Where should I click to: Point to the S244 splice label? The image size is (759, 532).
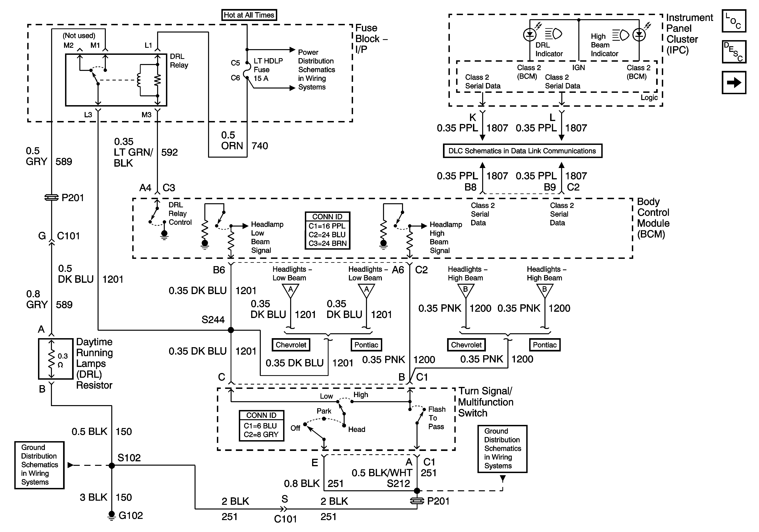pyautogui.click(x=213, y=320)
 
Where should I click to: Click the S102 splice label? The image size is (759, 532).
pyautogui.click(x=129, y=458)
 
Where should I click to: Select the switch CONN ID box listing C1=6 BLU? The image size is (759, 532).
pyautogui.click(x=261, y=426)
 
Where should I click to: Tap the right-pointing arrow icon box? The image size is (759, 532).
pyautogui.click(x=734, y=83)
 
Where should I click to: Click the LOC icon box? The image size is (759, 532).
pyautogui.click(x=734, y=21)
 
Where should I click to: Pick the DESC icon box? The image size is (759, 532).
pyautogui.click(x=734, y=51)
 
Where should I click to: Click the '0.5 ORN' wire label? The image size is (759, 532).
pyautogui.click(x=232, y=140)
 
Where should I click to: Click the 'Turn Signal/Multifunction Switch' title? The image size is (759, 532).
pyautogui.click(x=485, y=402)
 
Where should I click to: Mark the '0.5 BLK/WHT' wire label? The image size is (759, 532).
pyautogui.click(x=382, y=473)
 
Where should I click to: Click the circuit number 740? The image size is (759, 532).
pyautogui.click(x=260, y=146)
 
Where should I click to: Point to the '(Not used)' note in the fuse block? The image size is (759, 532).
pyautogui.click(x=79, y=36)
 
